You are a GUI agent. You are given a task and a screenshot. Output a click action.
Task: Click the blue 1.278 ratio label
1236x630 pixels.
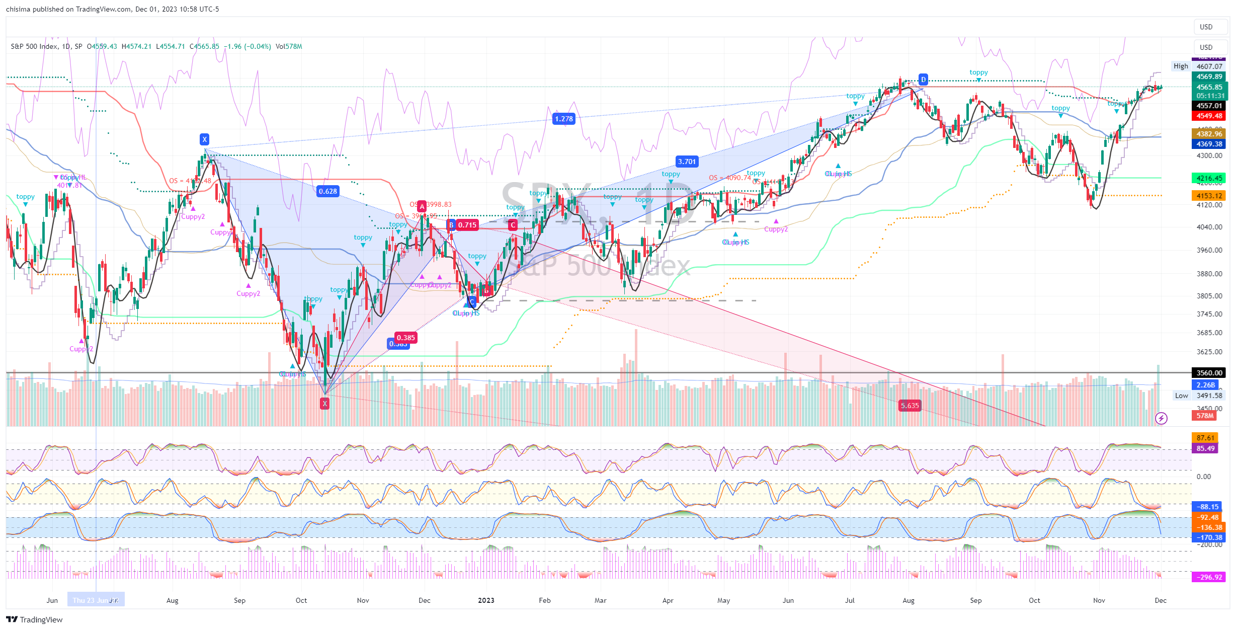click(563, 119)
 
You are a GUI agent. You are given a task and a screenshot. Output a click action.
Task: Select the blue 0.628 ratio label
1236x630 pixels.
click(328, 191)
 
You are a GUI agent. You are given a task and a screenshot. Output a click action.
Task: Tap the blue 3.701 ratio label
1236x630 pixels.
click(687, 162)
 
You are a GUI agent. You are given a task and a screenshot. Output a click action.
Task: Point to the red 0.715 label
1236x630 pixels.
click(467, 225)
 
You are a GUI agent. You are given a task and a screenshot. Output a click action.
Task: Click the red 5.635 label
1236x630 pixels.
click(910, 406)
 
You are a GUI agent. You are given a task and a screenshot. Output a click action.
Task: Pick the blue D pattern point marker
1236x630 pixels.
click(923, 80)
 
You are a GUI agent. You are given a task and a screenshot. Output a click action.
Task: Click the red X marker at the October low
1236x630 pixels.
click(325, 403)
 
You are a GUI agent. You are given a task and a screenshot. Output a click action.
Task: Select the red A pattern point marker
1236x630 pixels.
click(422, 206)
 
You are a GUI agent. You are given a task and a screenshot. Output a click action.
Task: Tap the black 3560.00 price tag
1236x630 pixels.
click(1209, 373)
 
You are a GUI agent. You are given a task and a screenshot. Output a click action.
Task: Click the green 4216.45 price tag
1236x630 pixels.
click(1209, 178)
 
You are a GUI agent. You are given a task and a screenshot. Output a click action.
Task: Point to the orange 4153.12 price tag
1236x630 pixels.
click(1209, 196)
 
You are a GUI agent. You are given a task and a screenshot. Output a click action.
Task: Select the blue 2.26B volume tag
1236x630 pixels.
click(1205, 385)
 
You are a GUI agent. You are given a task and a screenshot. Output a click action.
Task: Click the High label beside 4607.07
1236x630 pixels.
click(1181, 66)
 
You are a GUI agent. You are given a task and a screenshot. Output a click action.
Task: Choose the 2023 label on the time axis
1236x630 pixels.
click(486, 600)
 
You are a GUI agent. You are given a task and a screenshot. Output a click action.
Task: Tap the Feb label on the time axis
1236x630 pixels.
click(544, 600)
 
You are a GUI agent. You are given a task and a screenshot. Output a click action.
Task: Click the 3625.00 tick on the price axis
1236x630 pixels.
click(1209, 352)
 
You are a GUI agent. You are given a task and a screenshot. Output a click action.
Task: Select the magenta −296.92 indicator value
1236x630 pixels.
click(1209, 577)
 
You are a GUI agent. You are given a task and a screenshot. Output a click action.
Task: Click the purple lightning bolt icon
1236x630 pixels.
click(1161, 418)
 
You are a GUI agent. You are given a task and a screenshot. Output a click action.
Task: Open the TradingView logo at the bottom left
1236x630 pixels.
click(34, 619)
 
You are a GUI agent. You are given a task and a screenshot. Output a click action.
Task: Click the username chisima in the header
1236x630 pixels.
click(17, 9)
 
